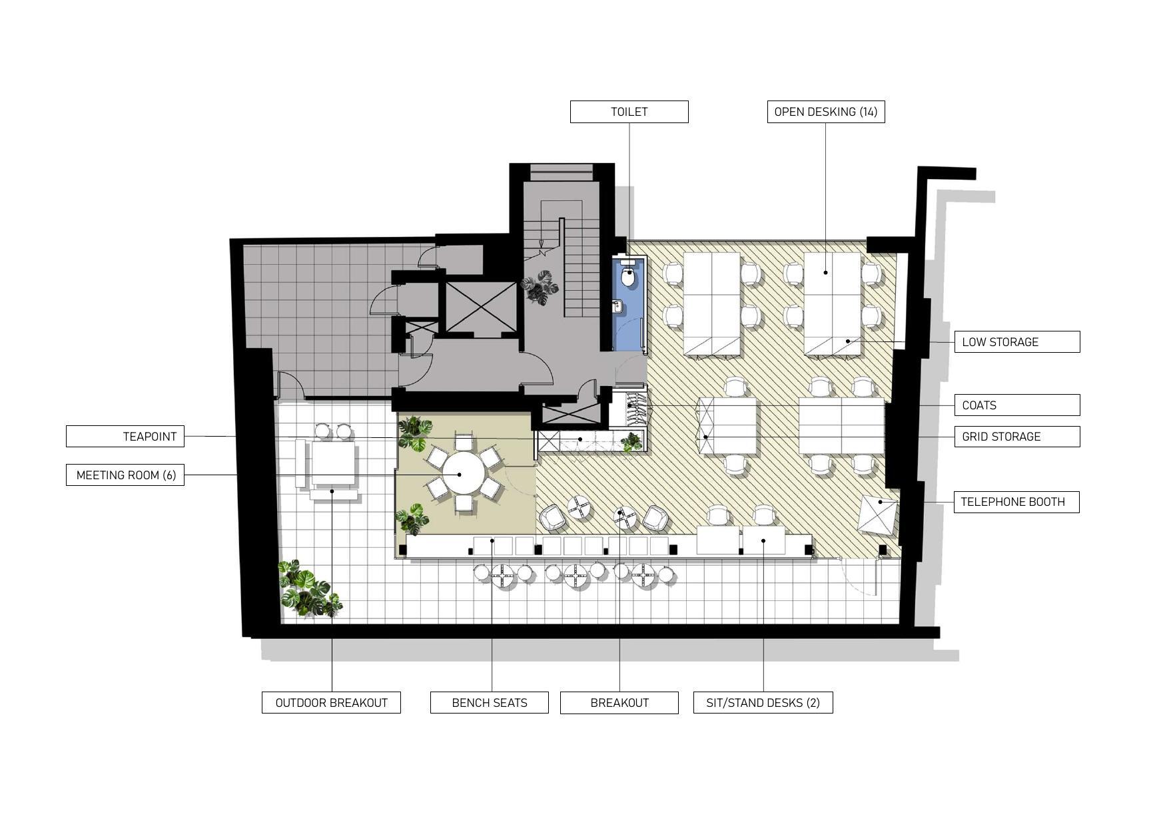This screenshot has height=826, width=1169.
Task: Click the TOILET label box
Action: (629, 112)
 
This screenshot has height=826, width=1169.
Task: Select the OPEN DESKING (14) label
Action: (825, 112)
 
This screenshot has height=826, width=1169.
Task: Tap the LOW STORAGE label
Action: (1016, 342)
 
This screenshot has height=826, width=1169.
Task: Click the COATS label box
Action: (1016, 405)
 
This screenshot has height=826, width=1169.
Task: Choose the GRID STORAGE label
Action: (1016, 437)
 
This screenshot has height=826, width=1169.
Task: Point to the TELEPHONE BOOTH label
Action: (1016, 502)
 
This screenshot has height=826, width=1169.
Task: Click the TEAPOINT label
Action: (125, 437)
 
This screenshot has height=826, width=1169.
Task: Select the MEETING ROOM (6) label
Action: (125, 475)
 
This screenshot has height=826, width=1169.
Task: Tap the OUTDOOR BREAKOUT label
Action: (331, 703)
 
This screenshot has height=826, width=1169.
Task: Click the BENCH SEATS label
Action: (489, 703)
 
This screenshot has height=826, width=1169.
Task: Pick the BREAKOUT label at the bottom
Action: (619, 703)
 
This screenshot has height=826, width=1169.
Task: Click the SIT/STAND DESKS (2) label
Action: (763, 703)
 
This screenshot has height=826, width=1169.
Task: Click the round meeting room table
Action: (464, 473)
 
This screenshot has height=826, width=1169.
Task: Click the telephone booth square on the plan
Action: (878, 515)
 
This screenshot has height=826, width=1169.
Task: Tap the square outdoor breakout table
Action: (333, 464)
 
